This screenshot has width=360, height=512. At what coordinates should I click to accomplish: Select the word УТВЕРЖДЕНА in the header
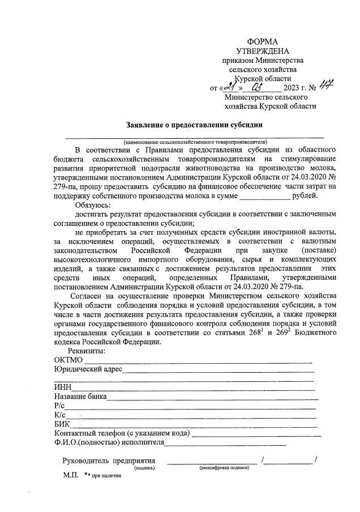[263, 52]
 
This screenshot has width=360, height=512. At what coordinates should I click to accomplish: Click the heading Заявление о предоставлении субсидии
[195, 125]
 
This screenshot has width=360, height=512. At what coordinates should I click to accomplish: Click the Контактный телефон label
[121, 433]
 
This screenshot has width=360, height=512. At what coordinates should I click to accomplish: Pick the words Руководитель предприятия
[109, 461]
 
